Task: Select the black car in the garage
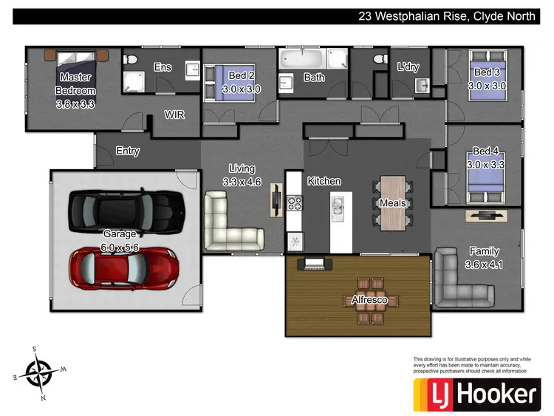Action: (126, 209)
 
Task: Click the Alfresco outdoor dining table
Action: (370, 300)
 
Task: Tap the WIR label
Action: (174, 115)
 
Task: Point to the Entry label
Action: (128, 151)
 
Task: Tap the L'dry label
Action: (408, 67)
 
